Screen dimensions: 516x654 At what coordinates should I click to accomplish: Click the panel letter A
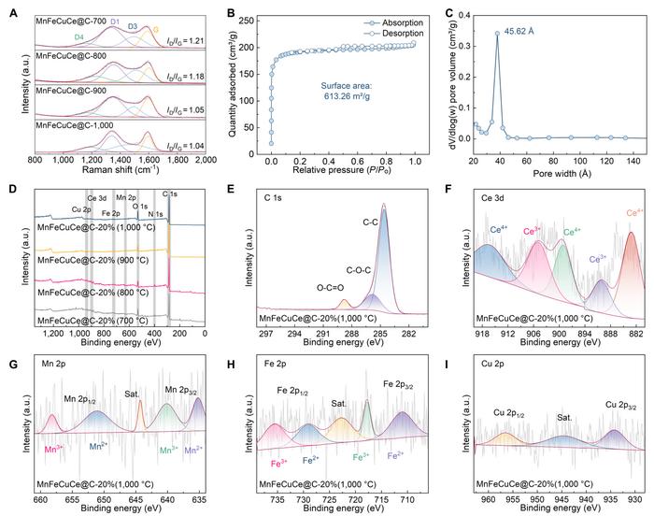pos(11,12)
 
